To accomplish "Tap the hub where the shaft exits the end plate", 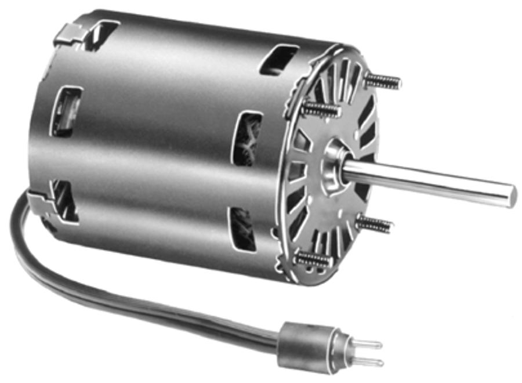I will [335, 166].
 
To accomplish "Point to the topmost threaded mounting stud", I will [383, 81].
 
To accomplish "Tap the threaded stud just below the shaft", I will [374, 223].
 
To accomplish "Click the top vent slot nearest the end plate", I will [278, 60].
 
